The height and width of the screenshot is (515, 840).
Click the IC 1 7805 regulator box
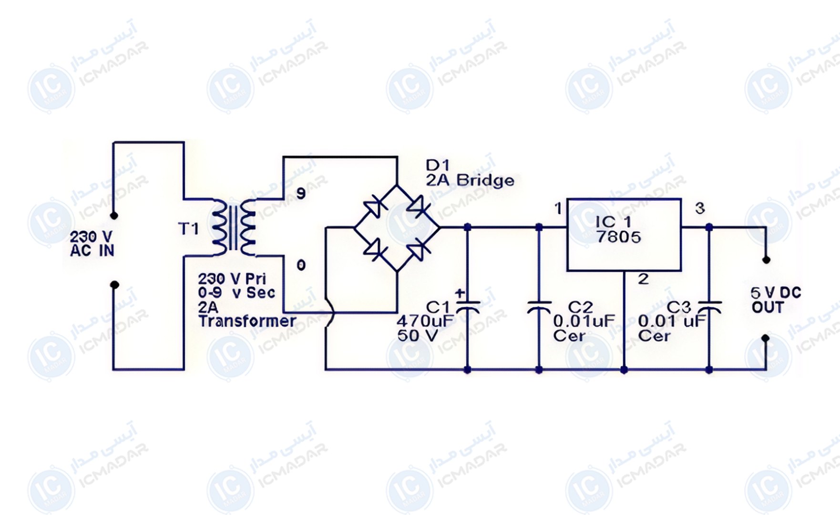[x=624, y=235]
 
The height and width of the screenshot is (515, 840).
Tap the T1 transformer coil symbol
[x=234, y=227]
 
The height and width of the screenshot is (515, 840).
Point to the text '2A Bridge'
[x=470, y=180]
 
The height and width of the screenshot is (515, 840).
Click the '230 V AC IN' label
[x=92, y=243]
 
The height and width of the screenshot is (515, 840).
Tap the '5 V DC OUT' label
[x=776, y=300]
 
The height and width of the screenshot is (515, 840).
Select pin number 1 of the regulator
[x=558, y=208]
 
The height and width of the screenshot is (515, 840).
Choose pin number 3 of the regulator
[x=699, y=208]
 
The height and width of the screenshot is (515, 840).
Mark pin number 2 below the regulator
[x=643, y=279]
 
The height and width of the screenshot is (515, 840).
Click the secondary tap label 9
[x=301, y=193]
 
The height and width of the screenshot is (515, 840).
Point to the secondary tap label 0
[x=301, y=265]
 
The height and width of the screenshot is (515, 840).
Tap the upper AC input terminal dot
[x=114, y=216]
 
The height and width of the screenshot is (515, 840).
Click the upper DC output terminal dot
[x=766, y=260]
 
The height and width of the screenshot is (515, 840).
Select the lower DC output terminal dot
[x=766, y=338]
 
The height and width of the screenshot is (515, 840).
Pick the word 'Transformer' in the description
[x=247, y=321]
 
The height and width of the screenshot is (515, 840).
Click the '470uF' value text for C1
[x=425, y=321]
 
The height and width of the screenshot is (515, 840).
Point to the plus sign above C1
[x=460, y=294]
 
